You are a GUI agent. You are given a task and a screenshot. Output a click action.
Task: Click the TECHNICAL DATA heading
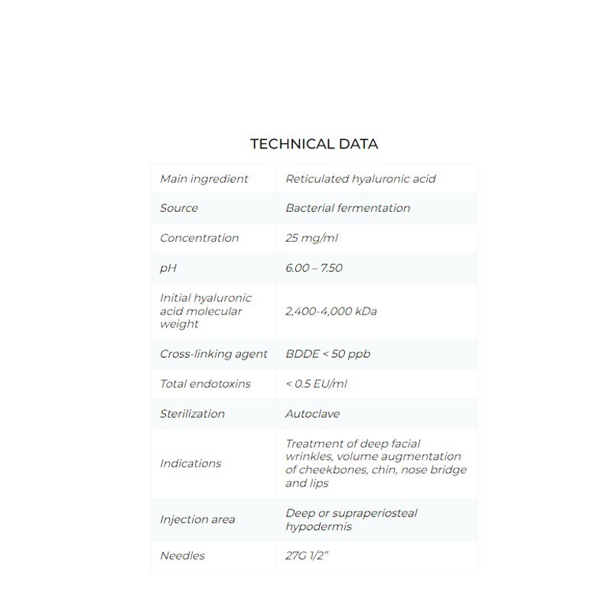tap(314, 144)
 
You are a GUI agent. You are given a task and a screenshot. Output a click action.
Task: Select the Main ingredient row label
tap(203, 179)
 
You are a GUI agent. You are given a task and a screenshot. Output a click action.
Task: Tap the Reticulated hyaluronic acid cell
tap(360, 179)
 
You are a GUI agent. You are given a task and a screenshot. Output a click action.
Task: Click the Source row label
tap(179, 208)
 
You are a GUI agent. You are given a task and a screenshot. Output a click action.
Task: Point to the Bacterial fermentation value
tap(347, 208)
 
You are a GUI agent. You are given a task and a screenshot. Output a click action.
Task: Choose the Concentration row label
tap(199, 238)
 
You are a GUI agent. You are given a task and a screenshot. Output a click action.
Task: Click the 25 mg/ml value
tap(311, 238)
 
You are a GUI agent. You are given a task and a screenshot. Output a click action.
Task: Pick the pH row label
tap(168, 268)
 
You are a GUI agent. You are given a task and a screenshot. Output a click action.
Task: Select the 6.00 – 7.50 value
tap(314, 268)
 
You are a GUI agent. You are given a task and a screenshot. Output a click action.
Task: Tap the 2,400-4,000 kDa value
tap(330, 311)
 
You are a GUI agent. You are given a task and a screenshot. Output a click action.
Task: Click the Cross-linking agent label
tap(213, 354)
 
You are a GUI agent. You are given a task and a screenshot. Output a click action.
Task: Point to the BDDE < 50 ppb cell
tap(327, 354)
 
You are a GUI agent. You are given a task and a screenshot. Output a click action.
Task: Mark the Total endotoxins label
tap(205, 384)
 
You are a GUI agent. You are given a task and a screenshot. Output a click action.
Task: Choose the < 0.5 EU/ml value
tap(316, 384)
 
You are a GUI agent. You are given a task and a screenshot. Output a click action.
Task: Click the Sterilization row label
tap(192, 414)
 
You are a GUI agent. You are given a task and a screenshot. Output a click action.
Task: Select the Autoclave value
tap(312, 414)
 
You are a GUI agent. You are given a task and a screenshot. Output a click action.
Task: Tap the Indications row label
tap(190, 464)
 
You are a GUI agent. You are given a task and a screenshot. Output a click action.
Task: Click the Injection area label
tap(197, 519)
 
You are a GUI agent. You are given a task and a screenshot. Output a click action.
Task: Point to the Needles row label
tap(182, 556)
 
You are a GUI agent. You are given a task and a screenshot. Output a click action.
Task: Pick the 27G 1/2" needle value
tap(307, 556)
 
